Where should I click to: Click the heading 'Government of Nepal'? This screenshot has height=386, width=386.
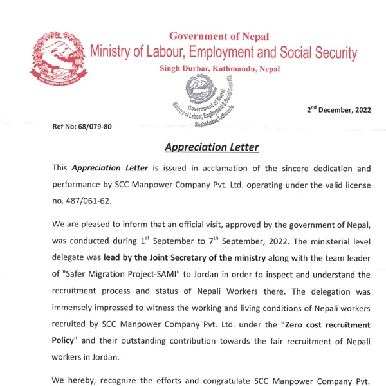219,37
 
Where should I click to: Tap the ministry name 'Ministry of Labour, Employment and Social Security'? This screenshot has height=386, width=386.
223,53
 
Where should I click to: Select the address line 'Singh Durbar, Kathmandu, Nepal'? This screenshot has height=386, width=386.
220,69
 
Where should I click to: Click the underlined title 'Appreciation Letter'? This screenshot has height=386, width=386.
212,147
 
